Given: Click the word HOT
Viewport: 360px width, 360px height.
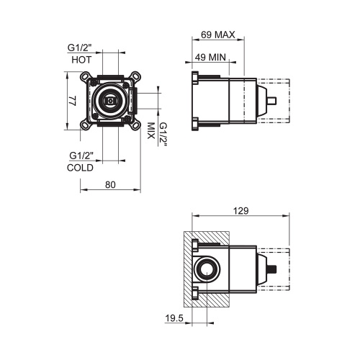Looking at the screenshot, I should pyautogui.click(x=81, y=60).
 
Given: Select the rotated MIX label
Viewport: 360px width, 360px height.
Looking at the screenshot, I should pyautogui.click(x=151, y=131).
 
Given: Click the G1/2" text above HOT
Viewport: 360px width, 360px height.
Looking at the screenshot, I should pyautogui.click(x=81, y=48).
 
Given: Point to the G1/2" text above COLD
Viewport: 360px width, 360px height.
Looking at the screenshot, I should pyautogui.click(x=81, y=156).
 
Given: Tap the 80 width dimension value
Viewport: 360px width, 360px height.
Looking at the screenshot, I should pyautogui.click(x=110, y=184).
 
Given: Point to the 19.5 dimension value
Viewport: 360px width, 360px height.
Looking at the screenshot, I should pyautogui.click(x=173, y=316).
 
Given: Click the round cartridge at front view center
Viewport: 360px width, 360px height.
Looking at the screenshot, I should pyautogui.click(x=109, y=103).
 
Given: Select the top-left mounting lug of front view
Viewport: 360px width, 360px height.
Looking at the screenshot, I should pyautogui.click(x=87, y=76).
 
